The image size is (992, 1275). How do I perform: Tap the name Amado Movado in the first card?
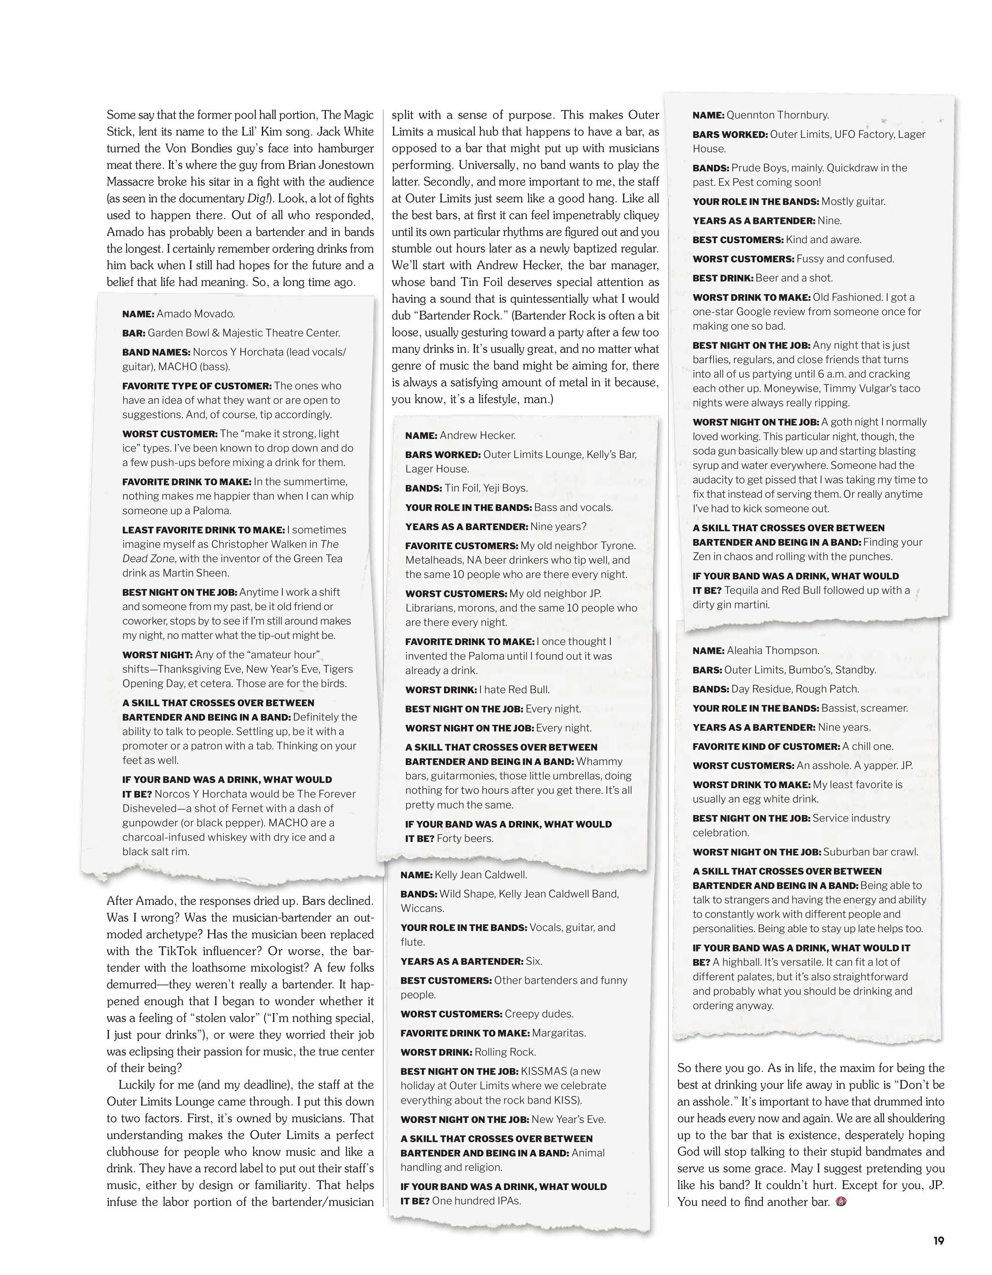(196, 314)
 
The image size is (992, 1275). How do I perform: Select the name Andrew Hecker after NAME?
(478, 435)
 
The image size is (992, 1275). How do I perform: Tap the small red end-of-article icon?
(841, 1201)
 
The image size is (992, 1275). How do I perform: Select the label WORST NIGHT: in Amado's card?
(157, 654)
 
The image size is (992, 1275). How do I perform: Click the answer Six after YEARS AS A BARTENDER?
(534, 961)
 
